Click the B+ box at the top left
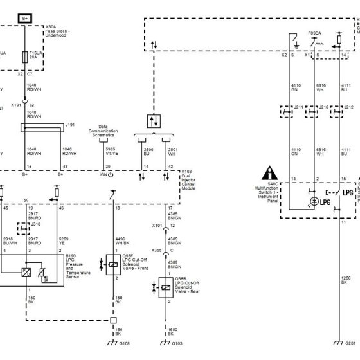(x=24, y=19)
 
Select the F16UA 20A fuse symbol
(x=25, y=57)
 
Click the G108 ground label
(x=124, y=345)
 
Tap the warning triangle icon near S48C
(x=269, y=173)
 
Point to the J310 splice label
(x=35, y=224)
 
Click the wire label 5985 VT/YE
(x=111, y=152)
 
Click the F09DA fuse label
(x=315, y=33)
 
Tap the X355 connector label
(x=157, y=250)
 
